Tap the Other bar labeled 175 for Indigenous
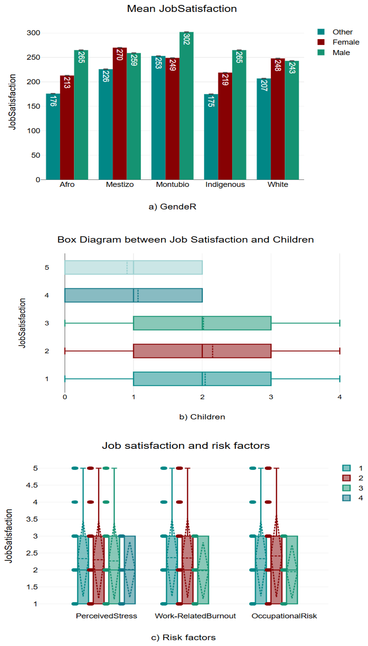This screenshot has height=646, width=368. point(211,137)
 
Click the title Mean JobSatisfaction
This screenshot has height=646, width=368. point(182,9)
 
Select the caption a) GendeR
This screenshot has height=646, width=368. point(172,207)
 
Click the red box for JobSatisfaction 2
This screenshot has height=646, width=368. point(202,351)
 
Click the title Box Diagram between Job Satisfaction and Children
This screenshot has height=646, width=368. point(186,239)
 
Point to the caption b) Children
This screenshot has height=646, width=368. point(202,417)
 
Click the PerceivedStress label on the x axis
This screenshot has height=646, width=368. point(106,616)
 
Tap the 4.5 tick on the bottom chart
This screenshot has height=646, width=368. point(32,485)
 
